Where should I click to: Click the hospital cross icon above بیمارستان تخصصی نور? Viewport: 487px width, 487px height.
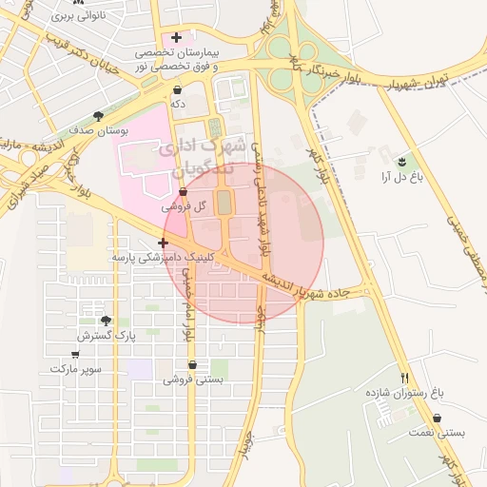coord(176,37)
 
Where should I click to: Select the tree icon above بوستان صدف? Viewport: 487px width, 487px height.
coord(98,116)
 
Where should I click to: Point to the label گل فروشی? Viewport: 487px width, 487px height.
coord(177,205)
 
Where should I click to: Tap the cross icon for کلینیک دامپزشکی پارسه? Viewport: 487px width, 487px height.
coord(164,243)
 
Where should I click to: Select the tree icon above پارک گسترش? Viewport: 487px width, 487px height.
coord(106,321)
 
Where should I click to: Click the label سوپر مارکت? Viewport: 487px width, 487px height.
coord(76,367)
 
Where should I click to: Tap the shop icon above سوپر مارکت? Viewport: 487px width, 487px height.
coord(76,354)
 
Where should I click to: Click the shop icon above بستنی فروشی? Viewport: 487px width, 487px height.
coord(192,364)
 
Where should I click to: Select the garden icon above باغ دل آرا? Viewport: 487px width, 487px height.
coord(401,162)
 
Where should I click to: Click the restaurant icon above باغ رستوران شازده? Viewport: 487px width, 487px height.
coord(405,378)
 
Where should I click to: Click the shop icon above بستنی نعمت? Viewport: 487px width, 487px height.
coord(437,419)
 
